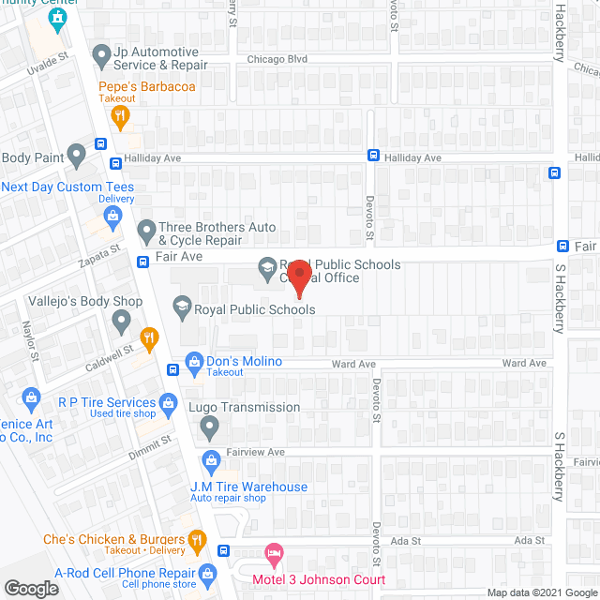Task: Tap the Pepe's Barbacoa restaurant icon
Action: click(119, 116)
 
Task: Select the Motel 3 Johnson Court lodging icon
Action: click(273, 553)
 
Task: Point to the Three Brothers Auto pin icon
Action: click(146, 230)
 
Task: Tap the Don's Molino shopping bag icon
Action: click(194, 361)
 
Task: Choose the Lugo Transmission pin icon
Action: click(209, 427)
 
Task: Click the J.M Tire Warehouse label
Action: click(248, 487)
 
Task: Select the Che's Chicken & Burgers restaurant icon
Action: click(196, 539)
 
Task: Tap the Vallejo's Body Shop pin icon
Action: click(121, 322)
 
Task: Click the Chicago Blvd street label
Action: click(277, 59)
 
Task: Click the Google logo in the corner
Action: click(30, 588)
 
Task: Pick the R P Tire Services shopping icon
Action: click(169, 404)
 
